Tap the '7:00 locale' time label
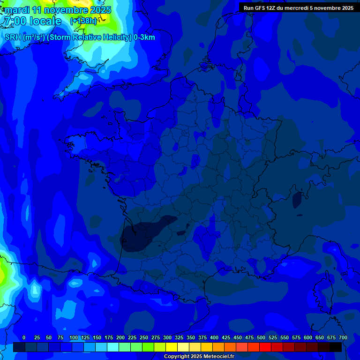pos(33,21)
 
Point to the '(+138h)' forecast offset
pos(83,21)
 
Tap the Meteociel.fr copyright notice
pos(199,357)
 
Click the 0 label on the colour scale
pos(24,337)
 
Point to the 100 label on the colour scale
pos(74,337)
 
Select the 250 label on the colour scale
pos(144,337)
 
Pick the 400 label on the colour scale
pos(214,337)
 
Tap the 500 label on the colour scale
pos(261,337)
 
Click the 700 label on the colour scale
pos(343,337)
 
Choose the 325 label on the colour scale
pos(179,337)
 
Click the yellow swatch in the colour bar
pos(172,347)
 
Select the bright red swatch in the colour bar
pos(265,347)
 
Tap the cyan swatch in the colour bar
pos(113,347)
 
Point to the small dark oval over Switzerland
pos(297,200)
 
